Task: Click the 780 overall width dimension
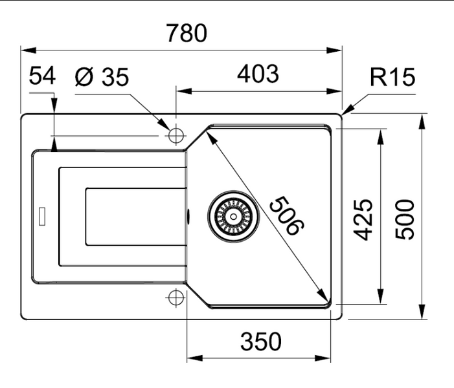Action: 187,33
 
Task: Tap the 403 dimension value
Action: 258,74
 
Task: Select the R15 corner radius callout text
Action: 392,77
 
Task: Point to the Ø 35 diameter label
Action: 102,77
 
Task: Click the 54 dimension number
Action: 42,76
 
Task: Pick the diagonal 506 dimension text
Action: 286,215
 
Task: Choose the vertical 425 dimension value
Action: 363,220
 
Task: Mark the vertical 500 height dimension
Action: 405,220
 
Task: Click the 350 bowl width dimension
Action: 260,341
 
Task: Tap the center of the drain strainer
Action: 233,216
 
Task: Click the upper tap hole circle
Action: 176,136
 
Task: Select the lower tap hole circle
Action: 176,297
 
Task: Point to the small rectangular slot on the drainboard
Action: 42,216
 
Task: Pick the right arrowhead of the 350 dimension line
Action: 323,358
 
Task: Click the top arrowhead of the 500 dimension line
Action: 423,122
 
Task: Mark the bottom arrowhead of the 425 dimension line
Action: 381,296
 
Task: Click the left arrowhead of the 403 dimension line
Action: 185,91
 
